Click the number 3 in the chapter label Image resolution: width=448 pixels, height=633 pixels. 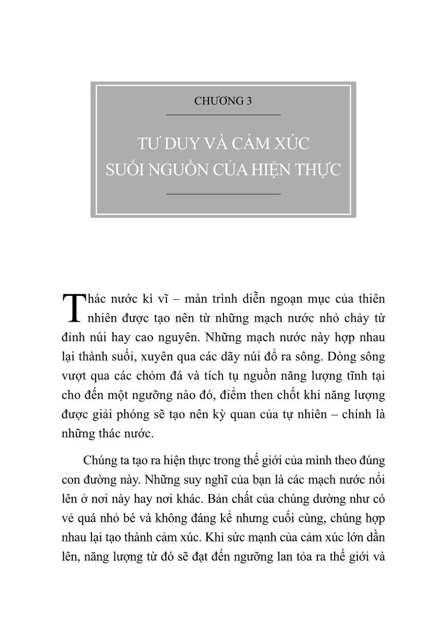[x=249, y=101]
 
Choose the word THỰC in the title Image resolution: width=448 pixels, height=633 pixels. [x=318, y=169]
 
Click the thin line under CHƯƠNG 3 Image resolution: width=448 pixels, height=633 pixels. [x=223, y=115]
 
